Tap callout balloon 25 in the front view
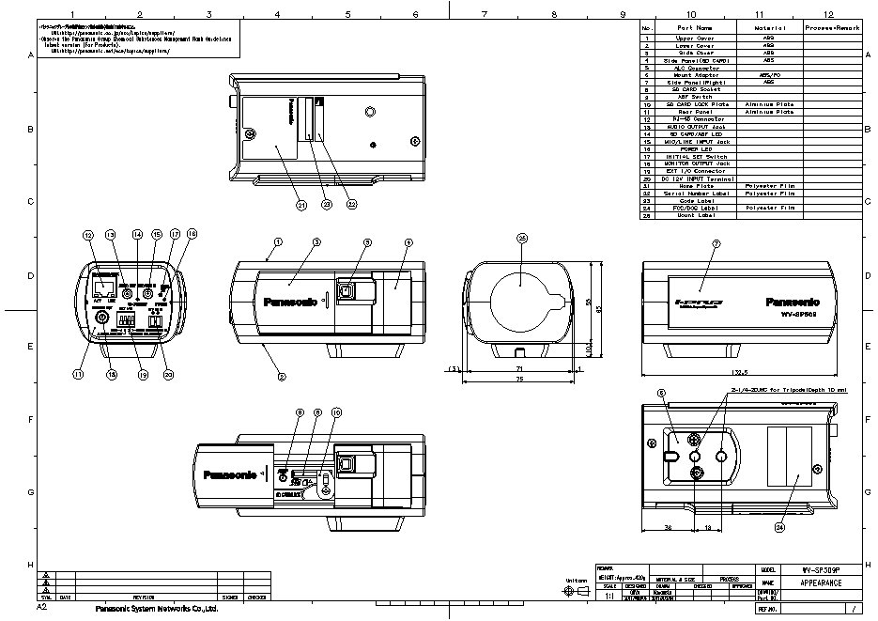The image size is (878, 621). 522,240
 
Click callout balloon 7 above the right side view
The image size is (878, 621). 716,244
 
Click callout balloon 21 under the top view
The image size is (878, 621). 275,204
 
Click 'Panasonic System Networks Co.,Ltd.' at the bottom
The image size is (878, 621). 157,609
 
